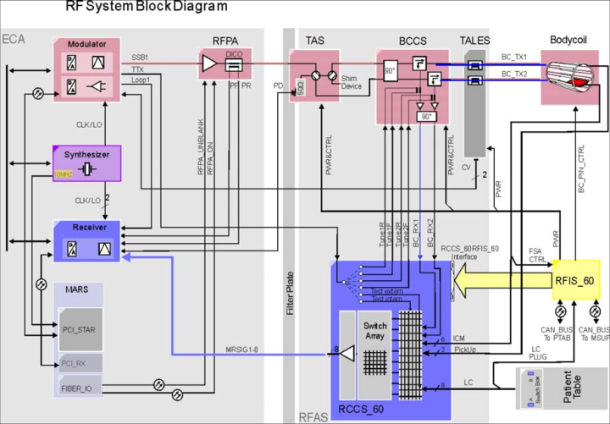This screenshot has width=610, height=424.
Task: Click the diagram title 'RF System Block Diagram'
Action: [147, 8]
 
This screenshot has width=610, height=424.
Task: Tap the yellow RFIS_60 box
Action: [575, 280]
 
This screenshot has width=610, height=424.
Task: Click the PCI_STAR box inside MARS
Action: [81, 328]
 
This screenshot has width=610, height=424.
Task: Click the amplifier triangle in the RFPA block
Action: [209, 63]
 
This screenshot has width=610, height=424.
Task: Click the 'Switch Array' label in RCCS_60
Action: [374, 331]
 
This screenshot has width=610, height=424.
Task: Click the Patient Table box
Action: [563, 388]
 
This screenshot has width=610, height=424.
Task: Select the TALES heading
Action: [474, 40]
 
